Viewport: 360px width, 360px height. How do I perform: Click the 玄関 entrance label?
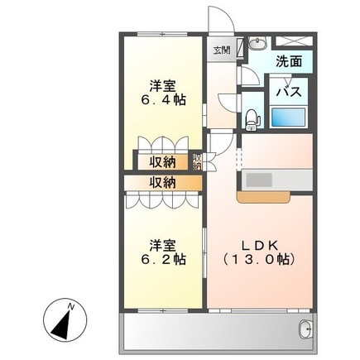click(222, 50)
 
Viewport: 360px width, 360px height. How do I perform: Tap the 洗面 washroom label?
click(289, 61)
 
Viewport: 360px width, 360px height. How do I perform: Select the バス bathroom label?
click(289, 91)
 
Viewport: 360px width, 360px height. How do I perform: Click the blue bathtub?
click(289, 117)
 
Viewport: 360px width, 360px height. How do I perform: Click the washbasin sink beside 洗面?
click(257, 42)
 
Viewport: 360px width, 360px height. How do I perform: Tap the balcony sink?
click(305, 329)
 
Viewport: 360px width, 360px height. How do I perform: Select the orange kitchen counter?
click(263, 197)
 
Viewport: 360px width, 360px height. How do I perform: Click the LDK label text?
click(259, 245)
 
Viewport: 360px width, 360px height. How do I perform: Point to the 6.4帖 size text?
click(163, 100)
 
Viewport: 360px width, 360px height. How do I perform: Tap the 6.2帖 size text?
click(163, 259)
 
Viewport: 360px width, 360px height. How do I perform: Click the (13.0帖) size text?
click(259, 259)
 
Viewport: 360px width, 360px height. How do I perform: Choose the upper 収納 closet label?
click(163, 162)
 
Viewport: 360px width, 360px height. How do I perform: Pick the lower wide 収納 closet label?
click(163, 182)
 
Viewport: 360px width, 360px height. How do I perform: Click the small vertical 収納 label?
click(197, 161)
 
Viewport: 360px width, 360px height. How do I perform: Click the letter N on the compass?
click(71, 306)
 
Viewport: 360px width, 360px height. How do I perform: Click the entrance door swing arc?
click(226, 14)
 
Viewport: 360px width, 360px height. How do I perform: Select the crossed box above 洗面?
click(294, 41)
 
